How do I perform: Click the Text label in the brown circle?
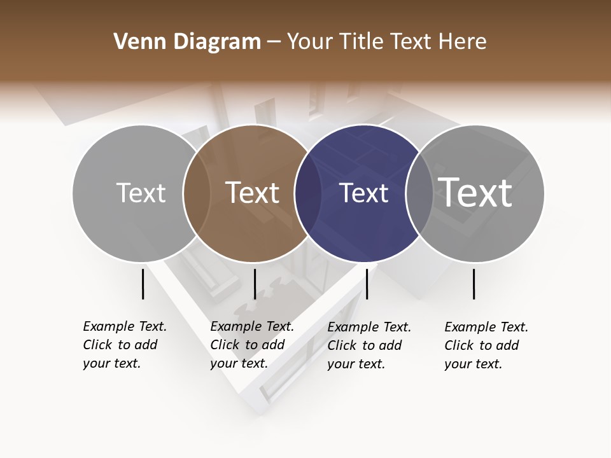pyautogui.click(x=253, y=193)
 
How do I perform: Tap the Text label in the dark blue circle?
pyautogui.click(x=363, y=193)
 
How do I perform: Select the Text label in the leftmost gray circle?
pyautogui.click(x=141, y=193)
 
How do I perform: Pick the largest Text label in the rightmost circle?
pyautogui.click(x=475, y=192)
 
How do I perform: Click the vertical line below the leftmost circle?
pyautogui.click(x=143, y=284)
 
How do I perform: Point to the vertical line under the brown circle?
pyautogui.click(x=255, y=284)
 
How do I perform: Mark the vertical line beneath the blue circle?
pyautogui.click(x=367, y=284)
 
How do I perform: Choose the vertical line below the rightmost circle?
pyautogui.click(x=474, y=284)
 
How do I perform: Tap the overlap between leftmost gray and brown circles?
pyautogui.click(x=197, y=193)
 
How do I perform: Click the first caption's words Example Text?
pyautogui.click(x=125, y=326)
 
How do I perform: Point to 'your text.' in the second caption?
pyautogui.click(x=239, y=363)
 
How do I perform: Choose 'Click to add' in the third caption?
pyautogui.click(x=365, y=345)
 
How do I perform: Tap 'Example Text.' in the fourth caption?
pyautogui.click(x=486, y=327)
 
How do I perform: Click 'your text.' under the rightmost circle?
pyautogui.click(x=473, y=364)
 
